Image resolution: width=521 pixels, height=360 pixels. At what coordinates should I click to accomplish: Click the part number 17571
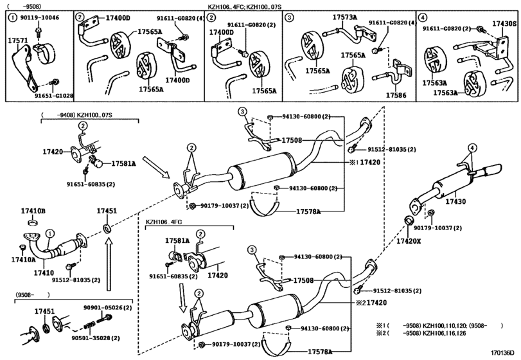17,40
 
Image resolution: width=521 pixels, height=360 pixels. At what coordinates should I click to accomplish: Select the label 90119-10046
39,17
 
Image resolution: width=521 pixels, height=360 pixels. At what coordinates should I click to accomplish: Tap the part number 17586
396,95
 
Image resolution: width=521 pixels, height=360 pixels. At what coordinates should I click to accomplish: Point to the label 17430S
504,24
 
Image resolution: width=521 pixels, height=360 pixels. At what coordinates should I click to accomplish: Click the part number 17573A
345,17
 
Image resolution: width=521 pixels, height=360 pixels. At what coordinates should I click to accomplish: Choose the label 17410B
33,211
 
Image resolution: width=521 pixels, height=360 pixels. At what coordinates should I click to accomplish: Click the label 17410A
23,259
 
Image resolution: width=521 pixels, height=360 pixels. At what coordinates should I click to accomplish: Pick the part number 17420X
409,241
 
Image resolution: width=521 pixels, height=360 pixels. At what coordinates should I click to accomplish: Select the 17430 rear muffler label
455,201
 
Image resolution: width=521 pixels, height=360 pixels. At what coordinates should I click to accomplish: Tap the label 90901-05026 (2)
107,308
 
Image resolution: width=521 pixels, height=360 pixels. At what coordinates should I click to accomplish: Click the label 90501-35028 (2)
96,338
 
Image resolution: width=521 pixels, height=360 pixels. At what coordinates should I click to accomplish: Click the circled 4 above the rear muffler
472,147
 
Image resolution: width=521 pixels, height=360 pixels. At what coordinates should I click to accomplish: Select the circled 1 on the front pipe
49,234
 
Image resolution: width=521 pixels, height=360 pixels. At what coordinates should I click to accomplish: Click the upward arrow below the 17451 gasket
109,266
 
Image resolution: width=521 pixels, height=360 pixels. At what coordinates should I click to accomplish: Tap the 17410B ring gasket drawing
33,222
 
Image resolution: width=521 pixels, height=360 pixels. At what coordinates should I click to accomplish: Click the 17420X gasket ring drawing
409,221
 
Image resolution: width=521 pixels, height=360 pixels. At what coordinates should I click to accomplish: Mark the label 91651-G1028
54,96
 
